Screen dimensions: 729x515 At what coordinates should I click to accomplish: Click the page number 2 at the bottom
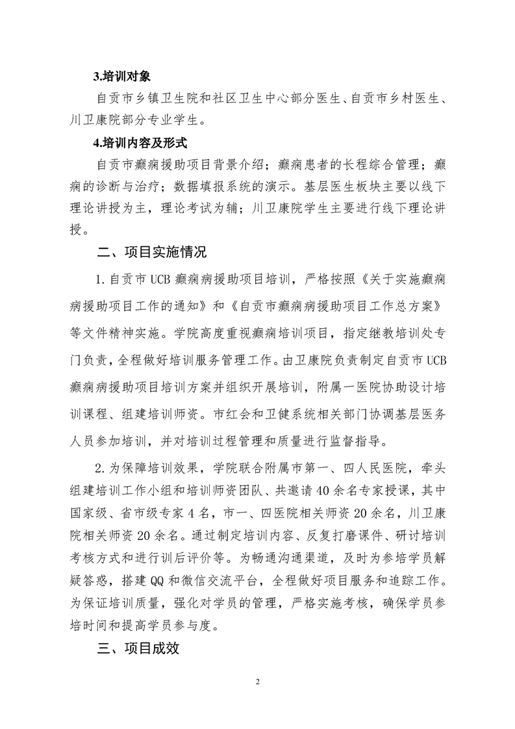(x=258, y=682)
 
